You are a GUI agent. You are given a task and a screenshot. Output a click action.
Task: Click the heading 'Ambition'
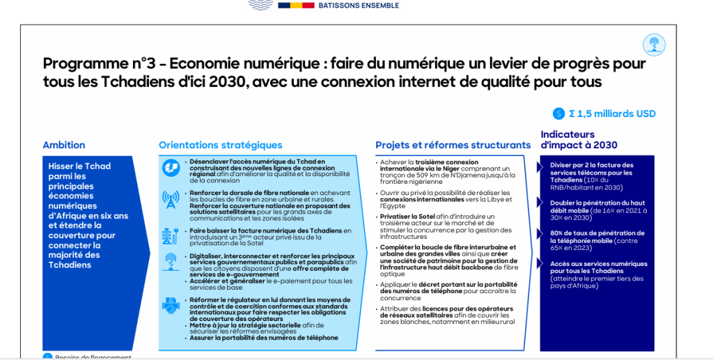point(64,146)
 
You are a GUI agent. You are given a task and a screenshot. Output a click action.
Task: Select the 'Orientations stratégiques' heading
point(221,146)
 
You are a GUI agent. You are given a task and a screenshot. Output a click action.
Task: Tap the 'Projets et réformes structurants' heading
point(453,146)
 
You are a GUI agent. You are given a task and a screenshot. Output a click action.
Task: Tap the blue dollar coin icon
point(558,114)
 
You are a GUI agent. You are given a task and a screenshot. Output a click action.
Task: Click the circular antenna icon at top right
point(654,45)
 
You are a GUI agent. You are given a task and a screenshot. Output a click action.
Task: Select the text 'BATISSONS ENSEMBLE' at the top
point(358,6)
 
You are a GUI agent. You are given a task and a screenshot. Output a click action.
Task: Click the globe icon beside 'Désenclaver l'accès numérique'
point(171,167)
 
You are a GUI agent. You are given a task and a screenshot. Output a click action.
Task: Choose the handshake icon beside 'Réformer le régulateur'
point(171,305)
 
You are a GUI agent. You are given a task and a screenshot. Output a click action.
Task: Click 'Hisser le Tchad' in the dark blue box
point(79,166)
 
